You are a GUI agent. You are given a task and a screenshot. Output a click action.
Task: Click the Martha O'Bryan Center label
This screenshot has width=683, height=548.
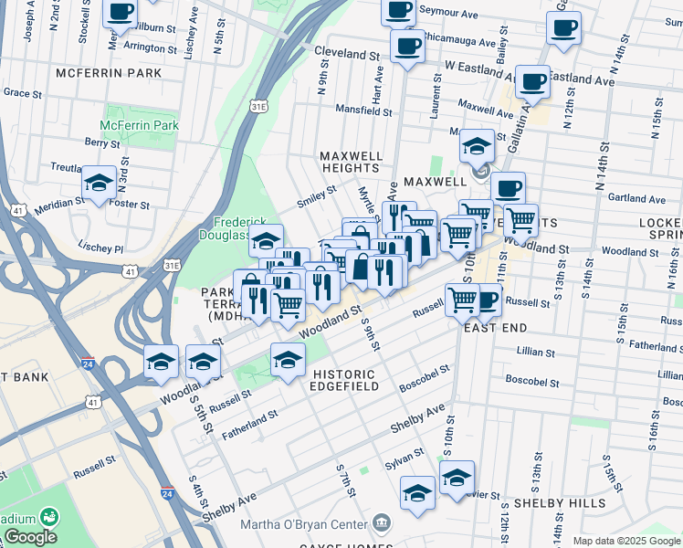pos(302,524)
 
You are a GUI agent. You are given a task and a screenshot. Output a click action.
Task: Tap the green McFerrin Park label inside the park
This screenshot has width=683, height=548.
pos(139,125)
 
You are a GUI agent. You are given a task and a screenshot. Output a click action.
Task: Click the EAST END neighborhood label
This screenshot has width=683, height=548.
pos(497,327)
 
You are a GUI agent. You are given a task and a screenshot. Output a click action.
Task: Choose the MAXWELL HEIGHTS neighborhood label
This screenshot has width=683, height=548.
pos(350,162)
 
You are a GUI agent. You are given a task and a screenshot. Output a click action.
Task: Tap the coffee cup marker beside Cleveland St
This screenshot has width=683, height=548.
pos(406,46)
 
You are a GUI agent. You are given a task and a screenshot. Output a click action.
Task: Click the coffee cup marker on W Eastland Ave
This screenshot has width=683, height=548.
pos(532,82)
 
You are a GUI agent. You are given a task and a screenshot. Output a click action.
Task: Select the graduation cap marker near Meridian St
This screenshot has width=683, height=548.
pos(99,184)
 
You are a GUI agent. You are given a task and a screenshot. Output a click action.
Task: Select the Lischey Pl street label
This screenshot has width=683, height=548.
pos(100,248)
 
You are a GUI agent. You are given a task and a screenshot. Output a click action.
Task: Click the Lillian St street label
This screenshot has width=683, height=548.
pos(535,352)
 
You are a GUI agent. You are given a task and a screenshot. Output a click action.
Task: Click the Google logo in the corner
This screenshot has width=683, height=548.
pos(29,537)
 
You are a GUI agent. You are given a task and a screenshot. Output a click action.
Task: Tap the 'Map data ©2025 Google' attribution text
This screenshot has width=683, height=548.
pos(626,541)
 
